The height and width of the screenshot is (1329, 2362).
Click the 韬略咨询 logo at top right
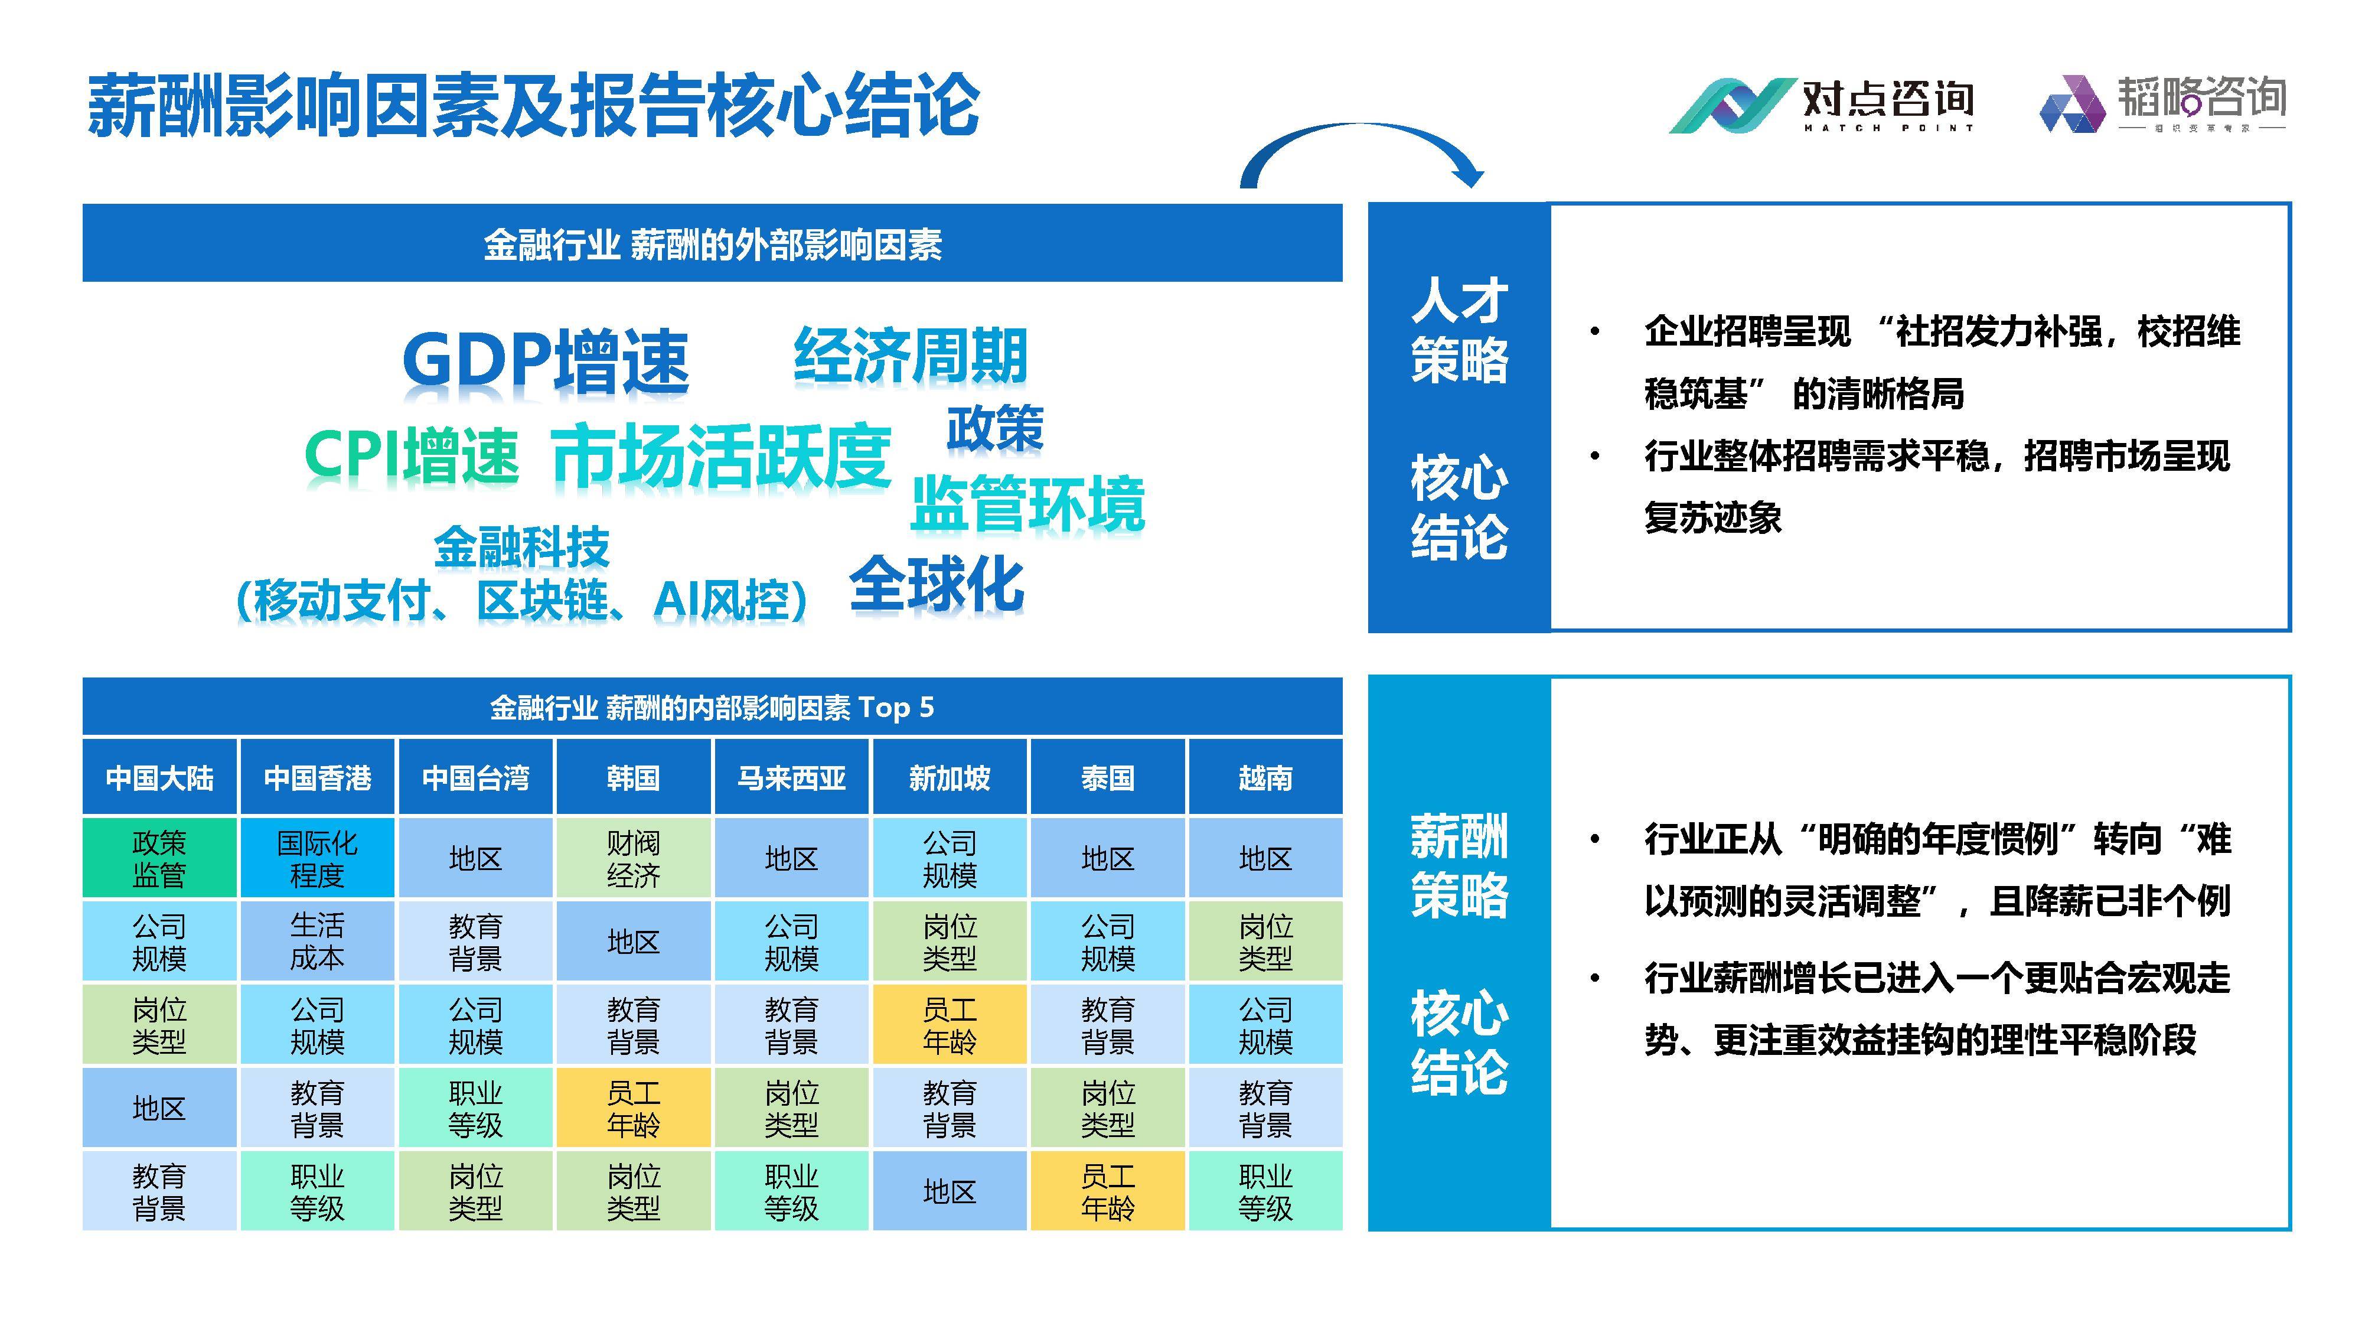pyautogui.click(x=2162, y=103)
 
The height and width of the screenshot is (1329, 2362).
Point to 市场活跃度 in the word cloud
pyautogui.click(x=720, y=456)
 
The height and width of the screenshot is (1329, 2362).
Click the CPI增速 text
pyautogui.click(x=412, y=455)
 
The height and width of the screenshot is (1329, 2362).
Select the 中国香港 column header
pyautogui.click(x=317, y=778)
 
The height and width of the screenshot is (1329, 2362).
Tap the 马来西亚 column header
pyautogui.click(x=791, y=778)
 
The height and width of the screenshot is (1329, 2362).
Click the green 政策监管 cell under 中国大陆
pyautogui.click(x=159, y=858)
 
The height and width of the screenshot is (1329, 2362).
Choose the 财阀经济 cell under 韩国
pyautogui.click(x=632, y=858)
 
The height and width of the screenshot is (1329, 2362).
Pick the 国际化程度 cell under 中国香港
pyautogui.click(x=317, y=858)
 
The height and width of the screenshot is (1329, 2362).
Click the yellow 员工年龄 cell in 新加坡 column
pyautogui.click(x=949, y=1024)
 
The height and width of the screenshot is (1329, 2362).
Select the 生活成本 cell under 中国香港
pyautogui.click(x=317, y=941)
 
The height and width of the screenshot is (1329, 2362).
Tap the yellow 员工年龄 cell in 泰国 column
pyautogui.click(x=1108, y=1191)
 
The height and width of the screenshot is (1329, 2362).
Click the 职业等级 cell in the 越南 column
pyautogui.click(x=1265, y=1191)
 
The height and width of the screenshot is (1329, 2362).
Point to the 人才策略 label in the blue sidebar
pyautogui.click(x=1459, y=330)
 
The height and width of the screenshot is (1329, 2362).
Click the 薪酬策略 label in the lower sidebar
pyautogui.click(x=1459, y=865)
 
